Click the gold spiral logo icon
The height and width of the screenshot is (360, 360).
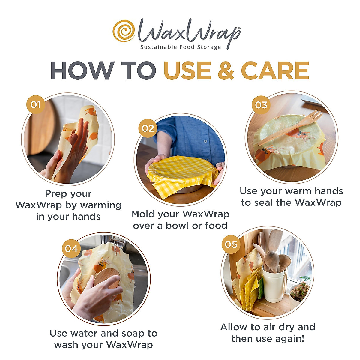tap(124, 31)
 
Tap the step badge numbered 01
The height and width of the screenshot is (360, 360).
tap(36, 104)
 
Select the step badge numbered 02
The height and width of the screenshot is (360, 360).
tap(148, 128)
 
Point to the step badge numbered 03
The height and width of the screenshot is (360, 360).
tap(261, 105)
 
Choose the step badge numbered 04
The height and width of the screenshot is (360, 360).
tap(71, 249)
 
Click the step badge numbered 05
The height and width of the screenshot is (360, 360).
tap(231, 244)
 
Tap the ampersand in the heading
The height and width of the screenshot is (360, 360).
tap(226, 71)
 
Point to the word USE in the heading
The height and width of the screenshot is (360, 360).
tap(187, 71)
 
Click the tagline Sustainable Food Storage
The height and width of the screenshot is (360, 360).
tap(181, 47)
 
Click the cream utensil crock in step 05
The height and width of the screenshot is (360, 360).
tap(274, 285)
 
